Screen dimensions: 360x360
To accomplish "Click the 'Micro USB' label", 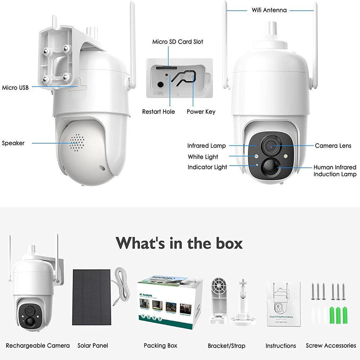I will coord(15,87).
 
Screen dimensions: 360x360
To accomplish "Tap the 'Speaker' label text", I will coord(13,143).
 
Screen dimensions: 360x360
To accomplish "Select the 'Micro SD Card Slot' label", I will coord(177,42).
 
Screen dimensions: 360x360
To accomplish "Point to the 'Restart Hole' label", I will coord(158,112).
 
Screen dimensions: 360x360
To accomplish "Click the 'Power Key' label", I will coord(201,112).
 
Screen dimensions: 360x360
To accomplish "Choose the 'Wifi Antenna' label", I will coord(269,10).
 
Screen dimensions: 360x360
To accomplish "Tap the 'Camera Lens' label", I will coord(333,146).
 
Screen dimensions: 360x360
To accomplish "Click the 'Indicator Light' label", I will coord(207,167).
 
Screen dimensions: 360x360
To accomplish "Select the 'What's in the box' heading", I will coord(179,243).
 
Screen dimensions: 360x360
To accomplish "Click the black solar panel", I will coord(92,297).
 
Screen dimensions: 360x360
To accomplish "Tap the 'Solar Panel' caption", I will coord(93,346).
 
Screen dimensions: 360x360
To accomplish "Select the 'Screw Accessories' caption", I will coord(331,346).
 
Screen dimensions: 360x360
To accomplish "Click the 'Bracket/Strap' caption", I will coord(226,346).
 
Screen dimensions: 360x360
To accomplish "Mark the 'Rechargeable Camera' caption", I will coord(38,346).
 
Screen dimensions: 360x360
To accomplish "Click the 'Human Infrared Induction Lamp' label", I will coord(335,171).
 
